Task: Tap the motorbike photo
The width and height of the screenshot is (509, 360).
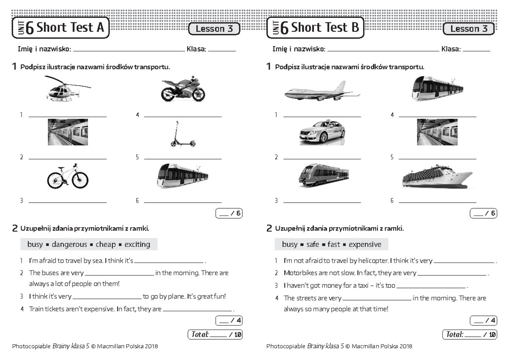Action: [183, 89]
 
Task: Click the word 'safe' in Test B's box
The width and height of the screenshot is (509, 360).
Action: [312, 244]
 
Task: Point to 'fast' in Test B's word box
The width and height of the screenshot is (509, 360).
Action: [333, 244]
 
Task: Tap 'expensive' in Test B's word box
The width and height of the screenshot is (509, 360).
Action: [365, 244]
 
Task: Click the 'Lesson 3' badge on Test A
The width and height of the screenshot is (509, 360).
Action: [214, 29]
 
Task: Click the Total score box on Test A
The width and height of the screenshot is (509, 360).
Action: [215, 335]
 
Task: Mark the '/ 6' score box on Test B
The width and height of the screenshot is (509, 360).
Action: [483, 213]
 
